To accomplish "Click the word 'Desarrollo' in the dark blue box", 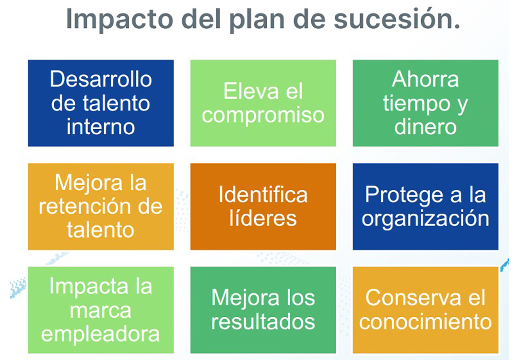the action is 101,79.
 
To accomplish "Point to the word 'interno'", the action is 101,127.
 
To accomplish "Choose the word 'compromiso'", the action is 263,116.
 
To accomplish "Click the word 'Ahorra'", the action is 425,79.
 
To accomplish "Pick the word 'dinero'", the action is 425,127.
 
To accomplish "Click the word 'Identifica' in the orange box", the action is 263,194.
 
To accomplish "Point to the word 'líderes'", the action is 263,218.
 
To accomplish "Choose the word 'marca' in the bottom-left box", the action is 101,311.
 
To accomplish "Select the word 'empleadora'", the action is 101,335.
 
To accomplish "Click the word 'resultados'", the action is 263,322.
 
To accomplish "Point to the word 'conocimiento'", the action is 425,322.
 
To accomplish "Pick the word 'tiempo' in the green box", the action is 416,104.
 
